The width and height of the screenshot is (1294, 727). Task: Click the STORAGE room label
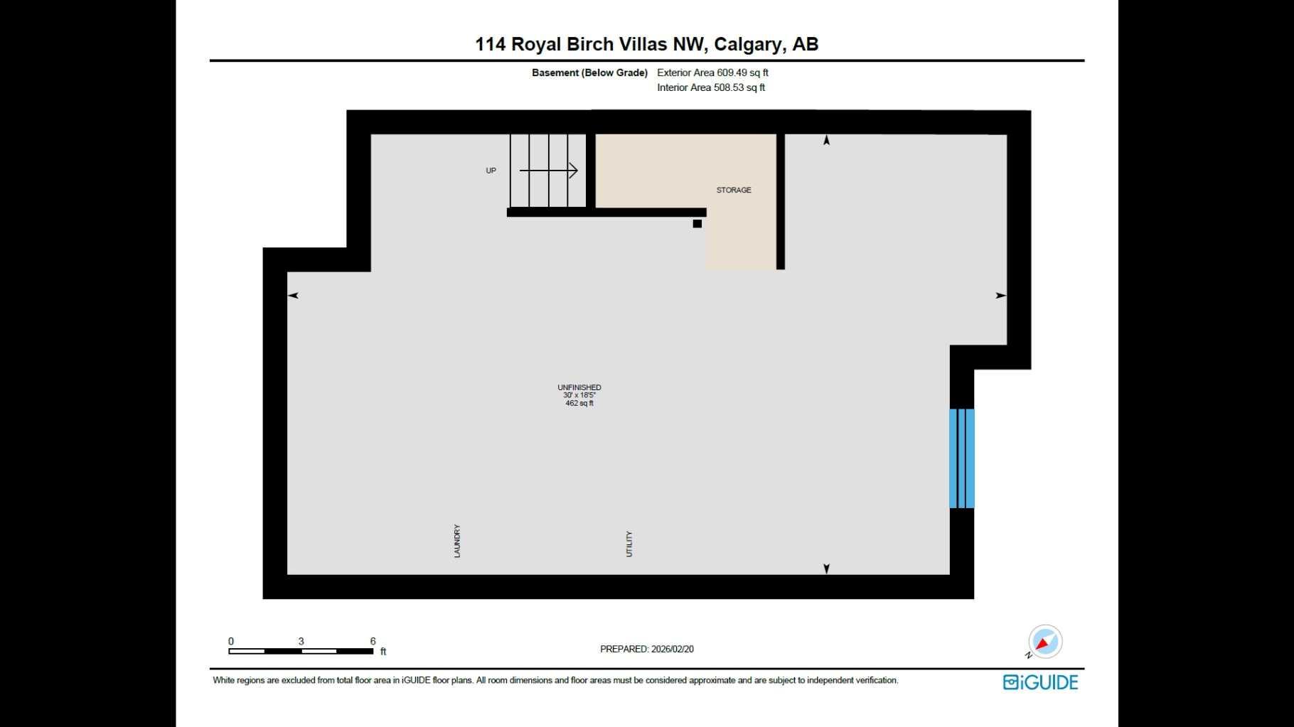734,190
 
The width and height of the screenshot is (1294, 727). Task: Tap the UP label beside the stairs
491,171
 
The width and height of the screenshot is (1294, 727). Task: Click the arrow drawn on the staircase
549,171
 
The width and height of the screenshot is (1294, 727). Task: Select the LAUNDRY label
457,541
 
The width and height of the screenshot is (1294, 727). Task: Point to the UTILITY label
629,544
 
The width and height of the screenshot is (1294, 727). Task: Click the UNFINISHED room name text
579,387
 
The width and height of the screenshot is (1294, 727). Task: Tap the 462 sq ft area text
579,404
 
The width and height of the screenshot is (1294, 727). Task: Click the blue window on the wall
962,458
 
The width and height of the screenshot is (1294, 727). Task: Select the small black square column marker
697,224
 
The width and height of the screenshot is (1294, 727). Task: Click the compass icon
1044,642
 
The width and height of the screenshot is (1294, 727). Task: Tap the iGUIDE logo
1041,682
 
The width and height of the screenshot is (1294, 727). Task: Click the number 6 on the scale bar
373,641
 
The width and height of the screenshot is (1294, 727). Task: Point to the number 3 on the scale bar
301,641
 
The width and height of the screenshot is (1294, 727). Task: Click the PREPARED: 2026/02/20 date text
647,649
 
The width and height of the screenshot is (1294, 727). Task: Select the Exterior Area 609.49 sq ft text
712,72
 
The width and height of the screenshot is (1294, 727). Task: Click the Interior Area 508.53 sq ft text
711,87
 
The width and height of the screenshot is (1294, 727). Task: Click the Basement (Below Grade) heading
589,72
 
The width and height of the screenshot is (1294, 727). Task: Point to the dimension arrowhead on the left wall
292,296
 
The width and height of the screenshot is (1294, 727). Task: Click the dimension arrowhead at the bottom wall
826,569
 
